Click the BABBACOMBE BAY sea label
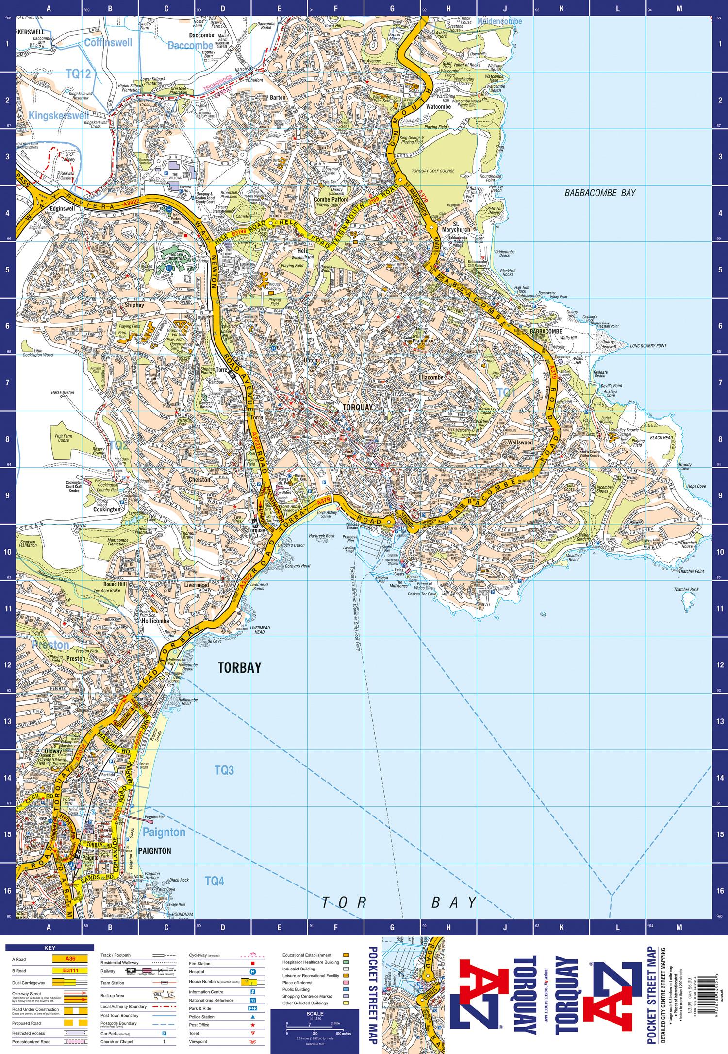(x=600, y=193)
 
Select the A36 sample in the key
(x=71, y=958)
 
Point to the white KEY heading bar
(x=50, y=948)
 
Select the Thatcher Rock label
(x=686, y=590)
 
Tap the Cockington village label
(x=107, y=510)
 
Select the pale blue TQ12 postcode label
(x=78, y=74)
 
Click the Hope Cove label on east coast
(x=696, y=486)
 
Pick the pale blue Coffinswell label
(x=108, y=43)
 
